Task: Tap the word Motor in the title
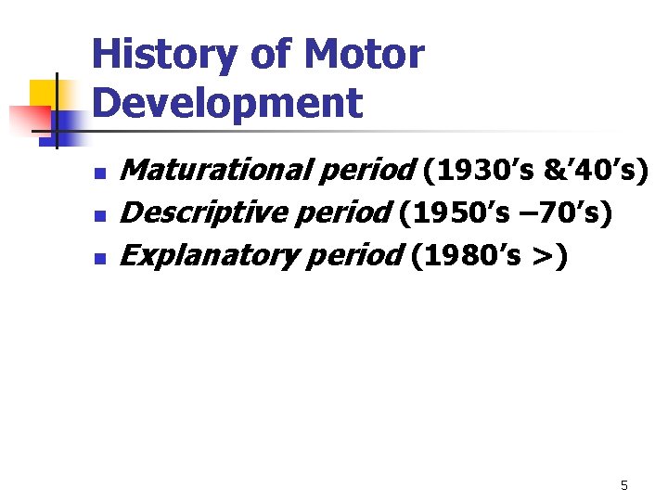pos(364,57)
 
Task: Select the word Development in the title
pos(227,103)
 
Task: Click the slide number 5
pos(624,485)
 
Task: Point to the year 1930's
pos(488,171)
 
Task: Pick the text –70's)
pos(569,213)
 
